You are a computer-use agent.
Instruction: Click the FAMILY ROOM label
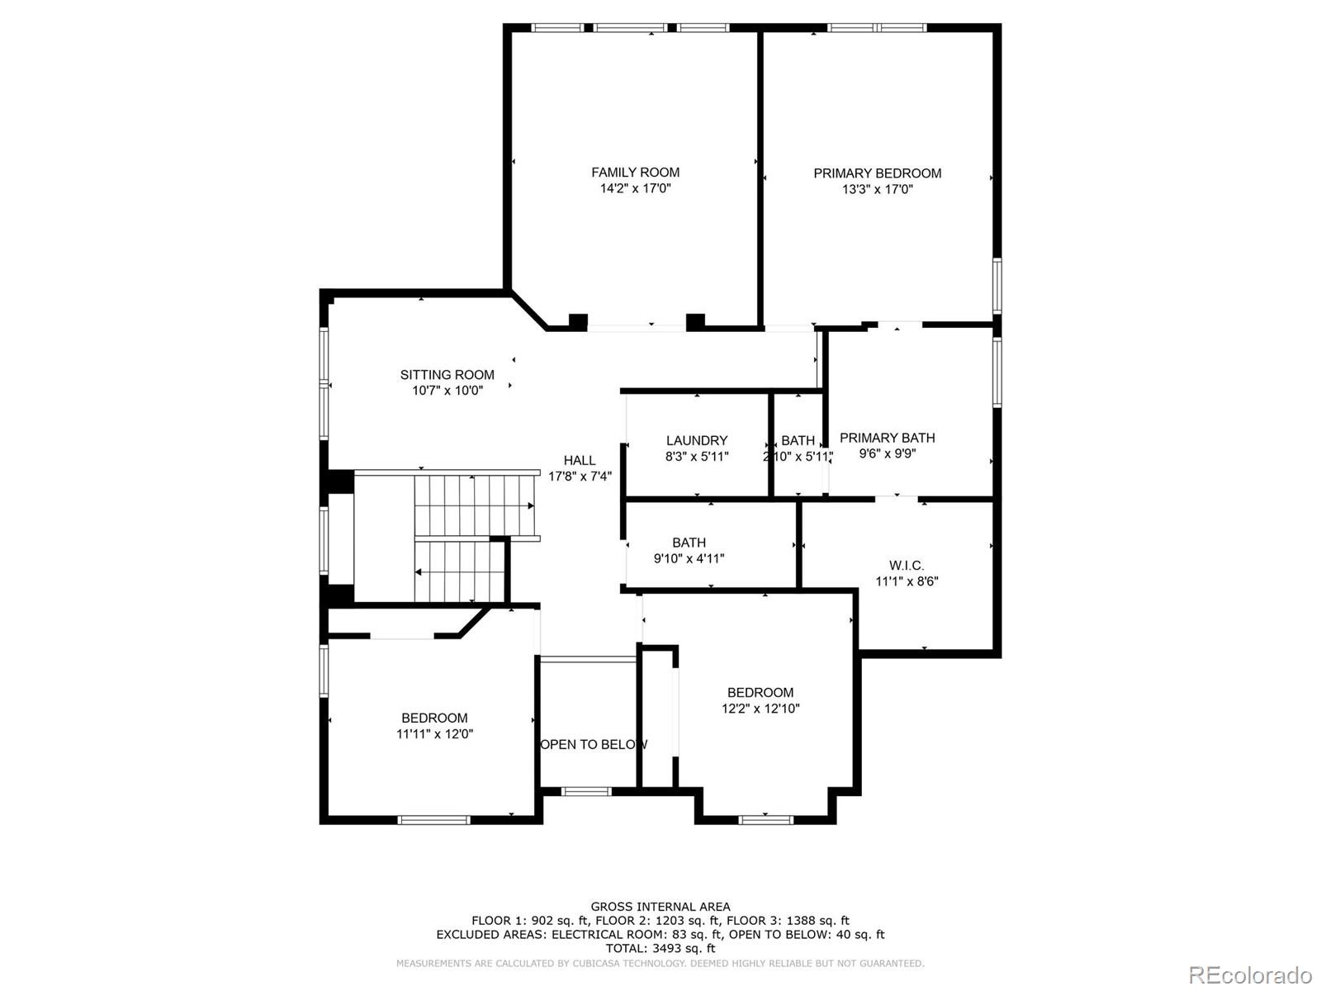click(635, 173)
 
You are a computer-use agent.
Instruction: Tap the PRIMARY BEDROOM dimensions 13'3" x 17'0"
click(877, 189)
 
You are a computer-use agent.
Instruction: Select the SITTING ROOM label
click(447, 375)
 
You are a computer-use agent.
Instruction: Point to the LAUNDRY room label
click(697, 441)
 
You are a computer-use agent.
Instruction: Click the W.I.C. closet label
click(907, 566)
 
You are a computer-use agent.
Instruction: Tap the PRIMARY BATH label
click(887, 438)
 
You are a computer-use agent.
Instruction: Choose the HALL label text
click(580, 461)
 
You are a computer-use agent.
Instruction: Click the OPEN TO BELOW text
click(593, 745)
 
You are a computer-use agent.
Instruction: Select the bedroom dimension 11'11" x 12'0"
click(434, 734)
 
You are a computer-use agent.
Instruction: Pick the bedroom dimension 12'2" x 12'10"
click(760, 709)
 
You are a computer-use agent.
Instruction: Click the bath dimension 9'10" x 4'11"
click(689, 558)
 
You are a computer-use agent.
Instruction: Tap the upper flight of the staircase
click(474, 505)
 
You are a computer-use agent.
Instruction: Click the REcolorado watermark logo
click(1250, 974)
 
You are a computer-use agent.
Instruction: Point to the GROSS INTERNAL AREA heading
click(660, 907)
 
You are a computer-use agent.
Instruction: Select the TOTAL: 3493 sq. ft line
click(660, 949)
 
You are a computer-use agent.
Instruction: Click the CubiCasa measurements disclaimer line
click(660, 963)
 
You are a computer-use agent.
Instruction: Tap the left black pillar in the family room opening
click(578, 321)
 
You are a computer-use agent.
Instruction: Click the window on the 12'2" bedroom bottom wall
click(765, 819)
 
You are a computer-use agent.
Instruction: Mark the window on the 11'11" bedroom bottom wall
click(433, 820)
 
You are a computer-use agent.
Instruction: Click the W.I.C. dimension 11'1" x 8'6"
click(907, 581)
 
